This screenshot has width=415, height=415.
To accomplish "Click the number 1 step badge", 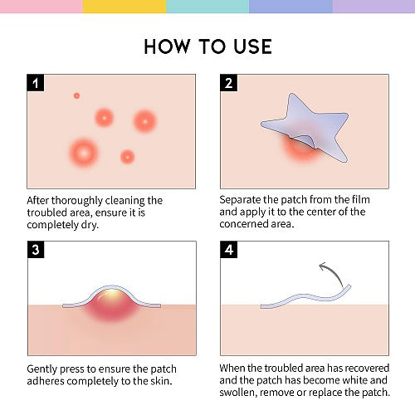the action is tap(36, 83).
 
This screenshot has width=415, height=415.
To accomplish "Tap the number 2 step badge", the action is tap(228, 83).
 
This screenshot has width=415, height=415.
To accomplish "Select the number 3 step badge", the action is tap(36, 250).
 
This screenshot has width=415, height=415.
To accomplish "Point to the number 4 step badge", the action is tap(229, 250).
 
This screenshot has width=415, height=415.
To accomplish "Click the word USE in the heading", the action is tap(252, 46).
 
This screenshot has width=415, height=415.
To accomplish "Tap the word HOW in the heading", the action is tap(167, 46).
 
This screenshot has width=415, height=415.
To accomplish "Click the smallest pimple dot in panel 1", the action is tap(76, 95).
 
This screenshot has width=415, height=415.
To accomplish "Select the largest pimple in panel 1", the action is tap(84, 153).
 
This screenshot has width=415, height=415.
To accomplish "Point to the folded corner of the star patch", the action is tap(306, 140).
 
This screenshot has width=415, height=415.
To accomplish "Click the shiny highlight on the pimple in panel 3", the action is tap(110, 294).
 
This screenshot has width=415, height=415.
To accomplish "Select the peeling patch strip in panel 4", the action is tap(305, 298).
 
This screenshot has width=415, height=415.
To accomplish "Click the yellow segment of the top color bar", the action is tap(124, 7).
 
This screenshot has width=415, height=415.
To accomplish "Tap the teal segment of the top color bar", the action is tap(207, 7).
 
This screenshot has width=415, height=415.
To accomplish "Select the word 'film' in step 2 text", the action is tap(361, 199).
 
